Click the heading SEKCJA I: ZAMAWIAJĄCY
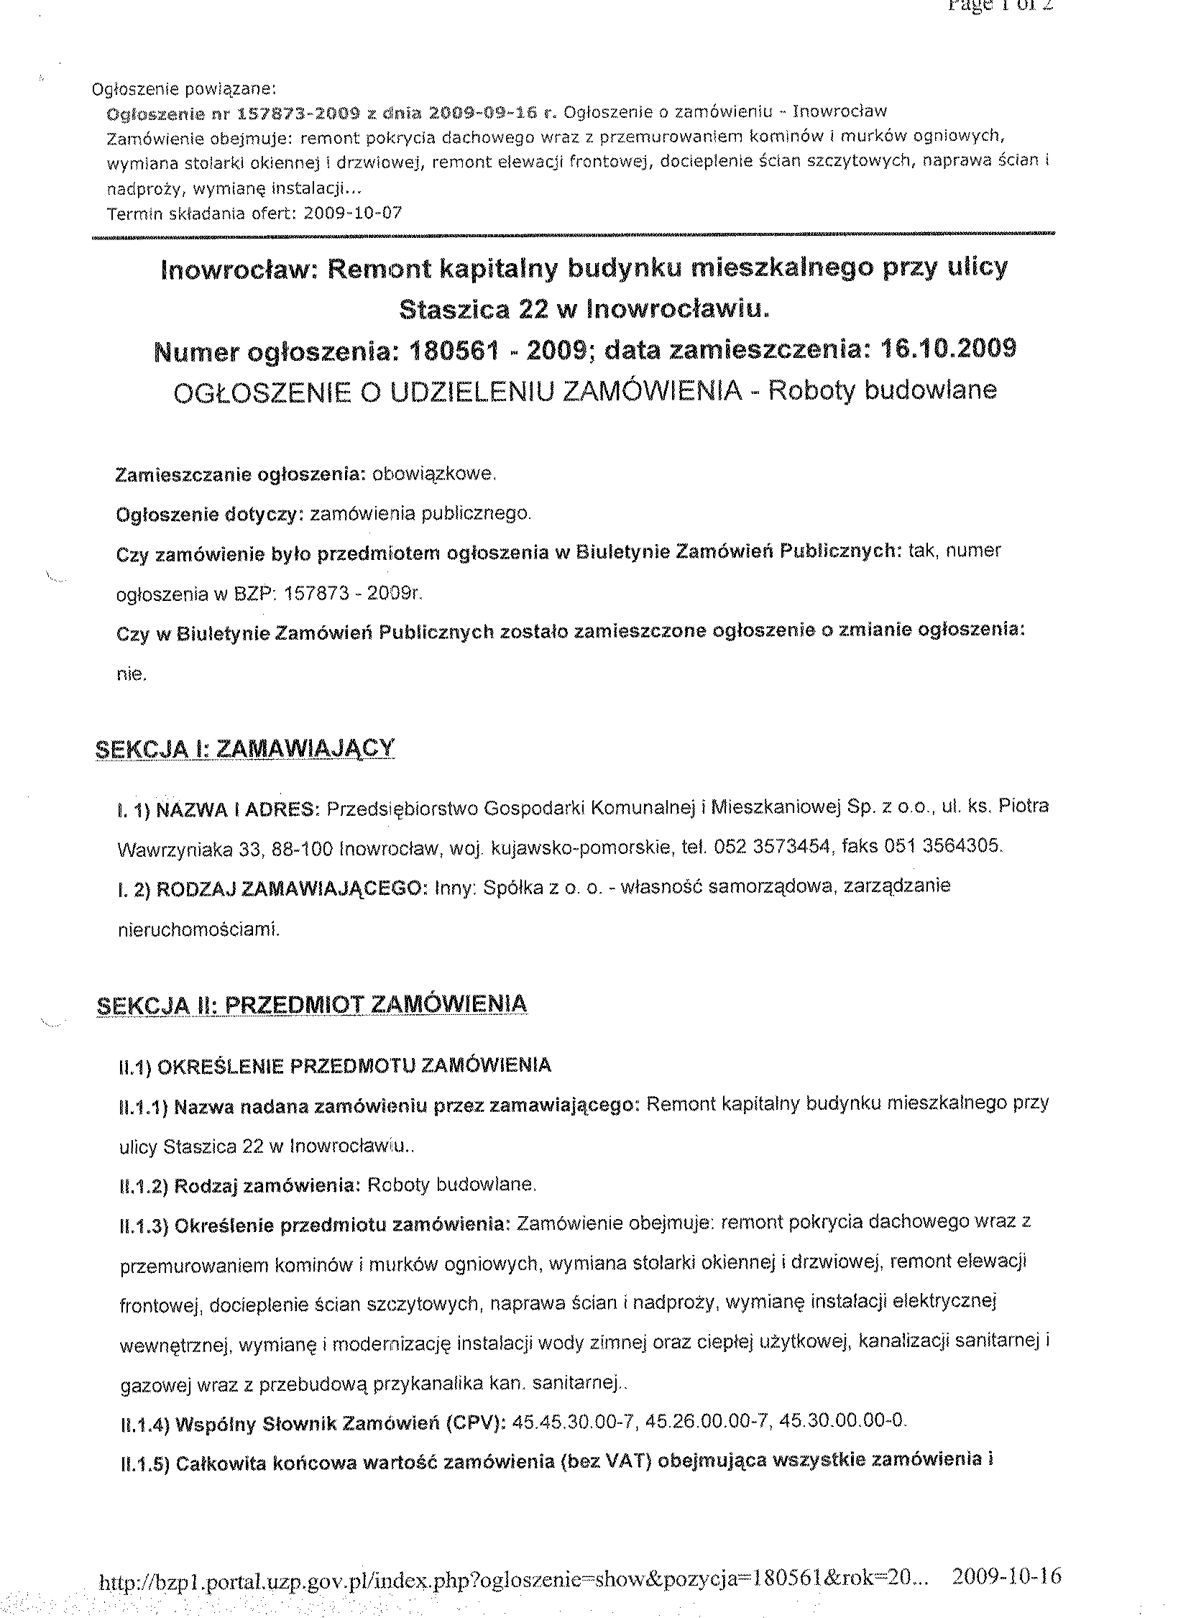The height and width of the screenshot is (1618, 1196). [x=244, y=748]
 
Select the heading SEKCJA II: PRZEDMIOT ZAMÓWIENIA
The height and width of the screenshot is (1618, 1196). [x=311, y=1005]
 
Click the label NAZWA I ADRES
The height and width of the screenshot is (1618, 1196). [x=237, y=809]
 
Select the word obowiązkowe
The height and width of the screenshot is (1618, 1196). [x=433, y=474]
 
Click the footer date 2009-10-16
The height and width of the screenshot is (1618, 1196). [x=1007, y=1576]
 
